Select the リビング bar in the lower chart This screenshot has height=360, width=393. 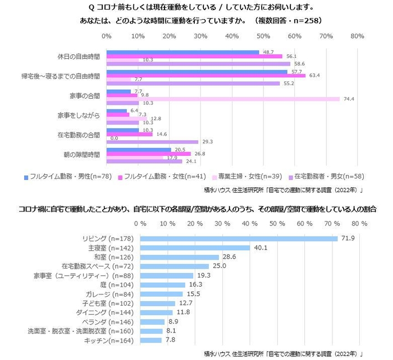pyautogui.click(x=239, y=238)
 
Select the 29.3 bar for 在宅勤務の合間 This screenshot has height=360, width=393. pyautogui.click(x=152, y=142)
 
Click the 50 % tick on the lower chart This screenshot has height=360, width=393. pyautogui.click(x=277, y=223)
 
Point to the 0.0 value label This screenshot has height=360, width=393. pyautogui.click(x=114, y=138)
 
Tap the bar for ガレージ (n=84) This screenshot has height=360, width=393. pyautogui.click(x=161, y=293)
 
